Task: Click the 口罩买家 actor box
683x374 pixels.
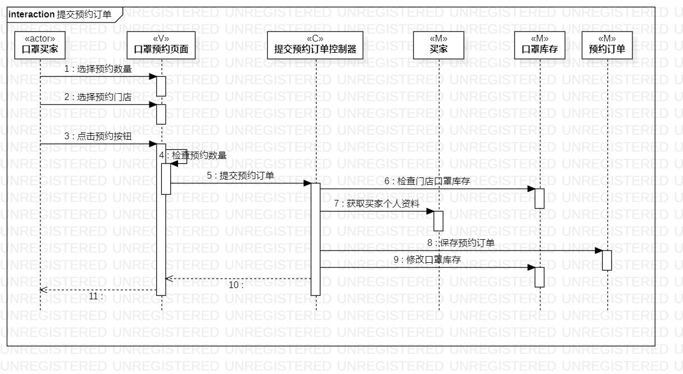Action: tap(40, 45)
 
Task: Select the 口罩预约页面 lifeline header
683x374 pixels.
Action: tap(161, 45)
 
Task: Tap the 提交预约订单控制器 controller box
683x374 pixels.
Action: tap(315, 45)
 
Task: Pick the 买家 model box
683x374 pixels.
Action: tap(439, 45)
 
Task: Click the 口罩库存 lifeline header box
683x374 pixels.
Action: tap(540, 45)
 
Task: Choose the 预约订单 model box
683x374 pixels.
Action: tap(607, 45)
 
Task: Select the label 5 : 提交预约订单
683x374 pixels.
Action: tap(240, 176)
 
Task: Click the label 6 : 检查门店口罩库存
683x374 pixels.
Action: tap(427, 181)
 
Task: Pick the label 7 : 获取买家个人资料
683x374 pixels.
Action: tap(376, 204)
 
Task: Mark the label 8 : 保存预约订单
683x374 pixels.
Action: tap(461, 243)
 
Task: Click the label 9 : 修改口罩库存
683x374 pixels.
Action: tap(427, 260)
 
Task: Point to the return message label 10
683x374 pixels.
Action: tap(236, 285)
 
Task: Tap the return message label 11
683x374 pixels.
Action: tap(96, 296)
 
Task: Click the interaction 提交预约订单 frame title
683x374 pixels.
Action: tap(60, 15)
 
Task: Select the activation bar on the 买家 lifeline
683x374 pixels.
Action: tap(439, 221)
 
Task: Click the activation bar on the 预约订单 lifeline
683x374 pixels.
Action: tap(607, 260)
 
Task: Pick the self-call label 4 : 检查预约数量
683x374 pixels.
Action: tap(193, 156)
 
